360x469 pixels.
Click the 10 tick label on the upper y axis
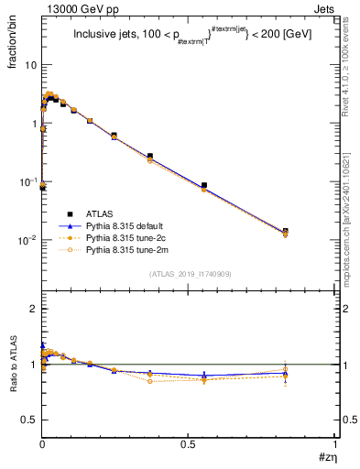click(x=29, y=66)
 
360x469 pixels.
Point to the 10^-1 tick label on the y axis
click(x=27, y=182)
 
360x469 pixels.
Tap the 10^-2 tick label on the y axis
click(x=27, y=240)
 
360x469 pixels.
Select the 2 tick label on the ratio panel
click(x=33, y=310)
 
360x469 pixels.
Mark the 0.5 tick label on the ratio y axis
click(x=29, y=420)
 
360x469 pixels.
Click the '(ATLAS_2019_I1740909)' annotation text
click(x=190, y=274)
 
